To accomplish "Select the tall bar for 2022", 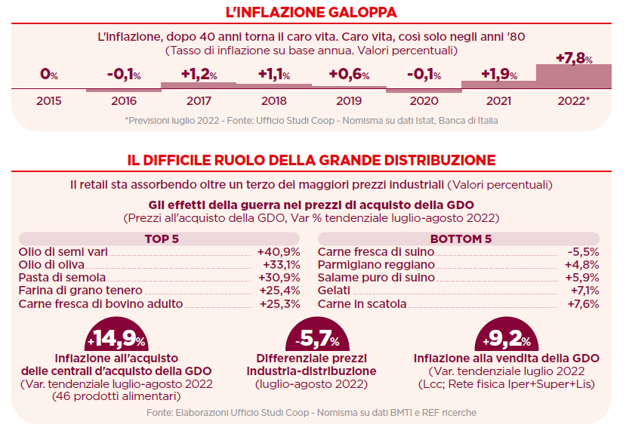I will point(574,76).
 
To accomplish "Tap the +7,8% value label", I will point(574,58).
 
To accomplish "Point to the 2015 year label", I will point(49,100).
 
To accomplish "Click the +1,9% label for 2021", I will point(499,74).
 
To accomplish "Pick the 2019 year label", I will point(349,100).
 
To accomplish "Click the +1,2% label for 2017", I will point(199,74).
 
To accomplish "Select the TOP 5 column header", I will point(160,239).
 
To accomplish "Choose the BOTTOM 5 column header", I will point(460,239).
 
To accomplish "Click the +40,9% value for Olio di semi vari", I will point(279,252).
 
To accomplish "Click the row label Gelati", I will point(334,291).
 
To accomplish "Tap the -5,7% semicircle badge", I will point(311,338).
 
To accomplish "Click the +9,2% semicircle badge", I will point(502,338).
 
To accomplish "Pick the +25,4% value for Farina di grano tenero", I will point(279,291).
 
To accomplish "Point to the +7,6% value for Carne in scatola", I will point(583,304).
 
